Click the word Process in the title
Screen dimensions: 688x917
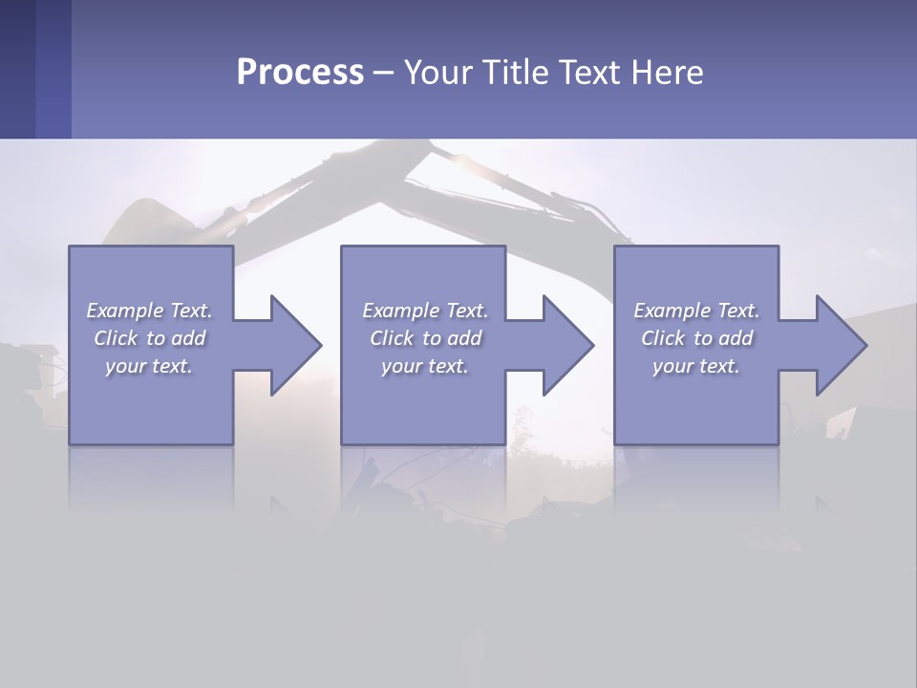(300, 73)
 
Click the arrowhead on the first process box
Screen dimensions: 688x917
(291, 345)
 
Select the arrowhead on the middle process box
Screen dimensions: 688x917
(565, 345)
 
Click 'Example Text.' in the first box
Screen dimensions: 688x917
(149, 311)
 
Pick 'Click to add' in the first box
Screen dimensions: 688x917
(149, 338)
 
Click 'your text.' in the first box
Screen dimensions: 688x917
(149, 366)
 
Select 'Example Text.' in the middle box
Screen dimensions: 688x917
(425, 311)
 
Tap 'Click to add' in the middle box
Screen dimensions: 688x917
(425, 338)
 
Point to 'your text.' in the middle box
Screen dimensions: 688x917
(425, 366)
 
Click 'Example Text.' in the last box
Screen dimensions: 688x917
(696, 311)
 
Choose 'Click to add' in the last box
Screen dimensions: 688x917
(696, 338)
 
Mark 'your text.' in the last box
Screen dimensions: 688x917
(696, 366)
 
